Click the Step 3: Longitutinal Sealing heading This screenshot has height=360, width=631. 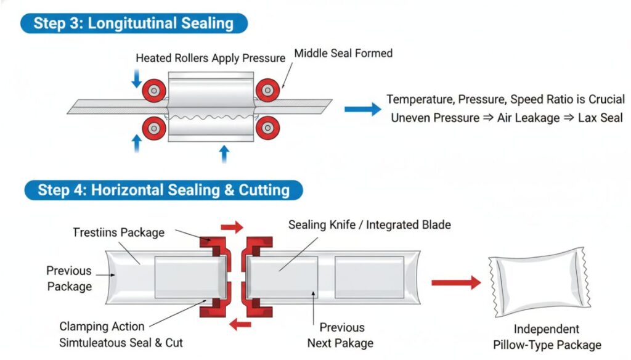133,23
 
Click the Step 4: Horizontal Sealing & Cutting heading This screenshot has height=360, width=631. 163,189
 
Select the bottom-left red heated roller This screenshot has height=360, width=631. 153,128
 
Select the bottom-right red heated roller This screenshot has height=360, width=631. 267,128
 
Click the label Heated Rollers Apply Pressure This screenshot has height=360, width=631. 210,59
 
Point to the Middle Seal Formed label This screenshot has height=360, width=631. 343,54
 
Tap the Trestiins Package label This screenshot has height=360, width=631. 119,232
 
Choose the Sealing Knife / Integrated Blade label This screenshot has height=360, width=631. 369,225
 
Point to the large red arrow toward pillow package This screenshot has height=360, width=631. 455,283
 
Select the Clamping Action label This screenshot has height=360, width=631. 102,327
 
